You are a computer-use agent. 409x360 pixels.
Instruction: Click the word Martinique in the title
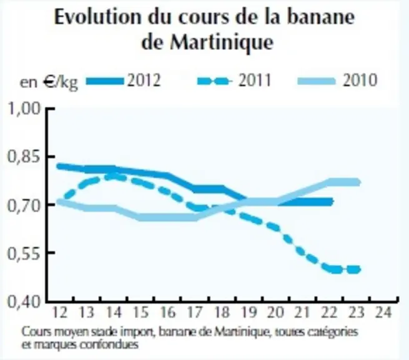[222, 42]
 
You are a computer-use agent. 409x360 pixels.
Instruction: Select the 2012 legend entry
[123, 80]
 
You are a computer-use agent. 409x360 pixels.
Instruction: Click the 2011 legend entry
[234, 80]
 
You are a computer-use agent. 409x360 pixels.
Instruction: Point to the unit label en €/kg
[49, 82]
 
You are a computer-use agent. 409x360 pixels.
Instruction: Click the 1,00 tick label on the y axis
[24, 108]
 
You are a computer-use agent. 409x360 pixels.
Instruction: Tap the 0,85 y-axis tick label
[24, 157]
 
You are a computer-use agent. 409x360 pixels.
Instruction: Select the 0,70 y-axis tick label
[24, 206]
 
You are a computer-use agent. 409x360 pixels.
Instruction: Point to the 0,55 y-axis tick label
[24, 254]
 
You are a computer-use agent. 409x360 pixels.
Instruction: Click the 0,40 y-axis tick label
[24, 302]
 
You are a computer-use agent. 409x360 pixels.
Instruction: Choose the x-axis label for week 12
[59, 312]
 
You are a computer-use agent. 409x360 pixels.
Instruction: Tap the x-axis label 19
[249, 312]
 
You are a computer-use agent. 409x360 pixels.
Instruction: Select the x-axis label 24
[383, 312]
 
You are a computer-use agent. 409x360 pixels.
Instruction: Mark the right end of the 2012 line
[332, 201]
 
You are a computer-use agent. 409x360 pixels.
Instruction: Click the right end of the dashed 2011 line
[358, 269]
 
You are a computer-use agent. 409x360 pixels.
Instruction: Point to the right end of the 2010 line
[359, 182]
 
